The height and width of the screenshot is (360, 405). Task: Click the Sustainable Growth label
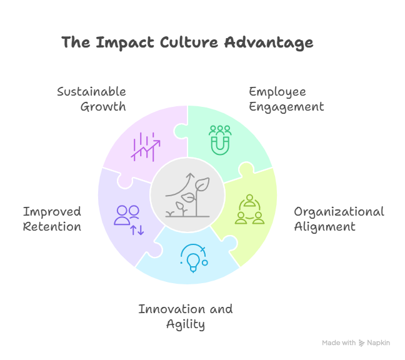(92, 99)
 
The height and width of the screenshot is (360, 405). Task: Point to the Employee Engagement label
(286, 99)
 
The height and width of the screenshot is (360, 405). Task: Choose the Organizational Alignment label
(339, 219)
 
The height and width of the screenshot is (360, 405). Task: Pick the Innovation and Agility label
(185, 316)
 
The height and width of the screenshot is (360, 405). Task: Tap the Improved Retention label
(52, 219)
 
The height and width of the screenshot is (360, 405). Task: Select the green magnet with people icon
(220, 139)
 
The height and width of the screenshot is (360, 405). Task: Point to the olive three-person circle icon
(250, 209)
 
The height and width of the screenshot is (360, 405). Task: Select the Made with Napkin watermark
(356, 343)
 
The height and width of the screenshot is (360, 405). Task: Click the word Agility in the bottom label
(185, 324)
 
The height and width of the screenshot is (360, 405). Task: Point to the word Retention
(52, 227)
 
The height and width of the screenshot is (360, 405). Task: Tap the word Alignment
(324, 227)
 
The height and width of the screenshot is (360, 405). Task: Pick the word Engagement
(286, 107)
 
